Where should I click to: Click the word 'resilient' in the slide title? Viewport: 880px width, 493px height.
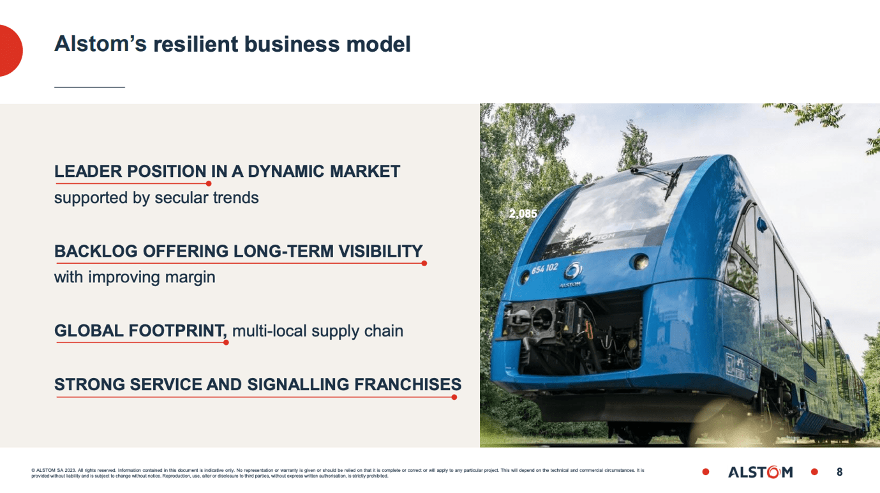point(194,44)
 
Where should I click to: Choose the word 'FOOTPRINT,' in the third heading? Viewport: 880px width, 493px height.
point(177,331)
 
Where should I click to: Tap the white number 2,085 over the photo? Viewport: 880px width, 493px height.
point(523,214)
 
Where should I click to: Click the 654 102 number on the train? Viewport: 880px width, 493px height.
point(544,268)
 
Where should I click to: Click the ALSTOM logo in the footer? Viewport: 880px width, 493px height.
point(760,472)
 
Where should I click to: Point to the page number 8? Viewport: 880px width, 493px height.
point(839,472)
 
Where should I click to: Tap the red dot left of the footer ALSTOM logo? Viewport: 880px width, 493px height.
point(706,472)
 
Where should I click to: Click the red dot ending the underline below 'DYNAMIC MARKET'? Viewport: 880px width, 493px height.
point(209,184)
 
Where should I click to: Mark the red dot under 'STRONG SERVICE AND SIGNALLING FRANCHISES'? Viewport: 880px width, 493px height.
point(454,397)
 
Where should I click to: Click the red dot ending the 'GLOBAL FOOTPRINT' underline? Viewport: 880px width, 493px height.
point(226,343)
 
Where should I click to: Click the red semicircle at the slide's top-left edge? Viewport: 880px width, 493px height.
point(9,50)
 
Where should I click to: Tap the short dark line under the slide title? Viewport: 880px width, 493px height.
point(89,87)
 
